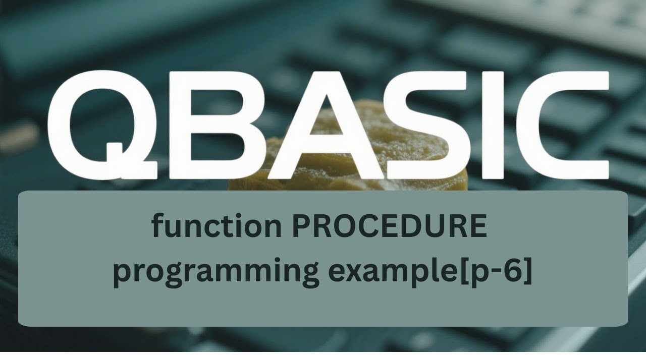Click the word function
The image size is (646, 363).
tap(217, 227)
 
